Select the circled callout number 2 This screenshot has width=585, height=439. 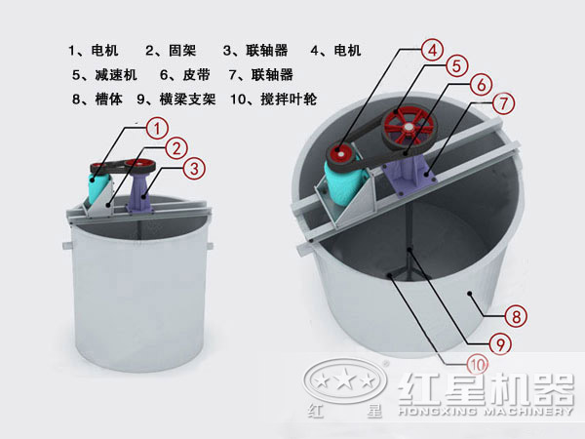(176, 147)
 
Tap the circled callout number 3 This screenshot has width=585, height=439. (196, 169)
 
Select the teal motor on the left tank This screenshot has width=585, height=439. (98, 187)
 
